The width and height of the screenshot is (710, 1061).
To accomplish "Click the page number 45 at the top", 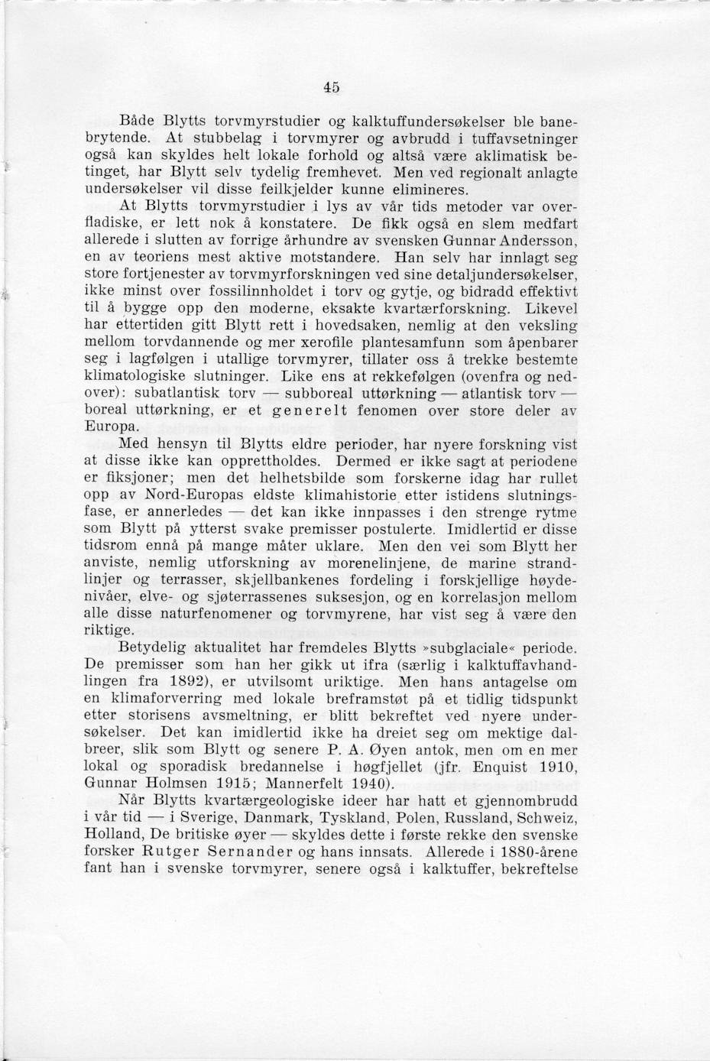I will pos(331,87).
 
